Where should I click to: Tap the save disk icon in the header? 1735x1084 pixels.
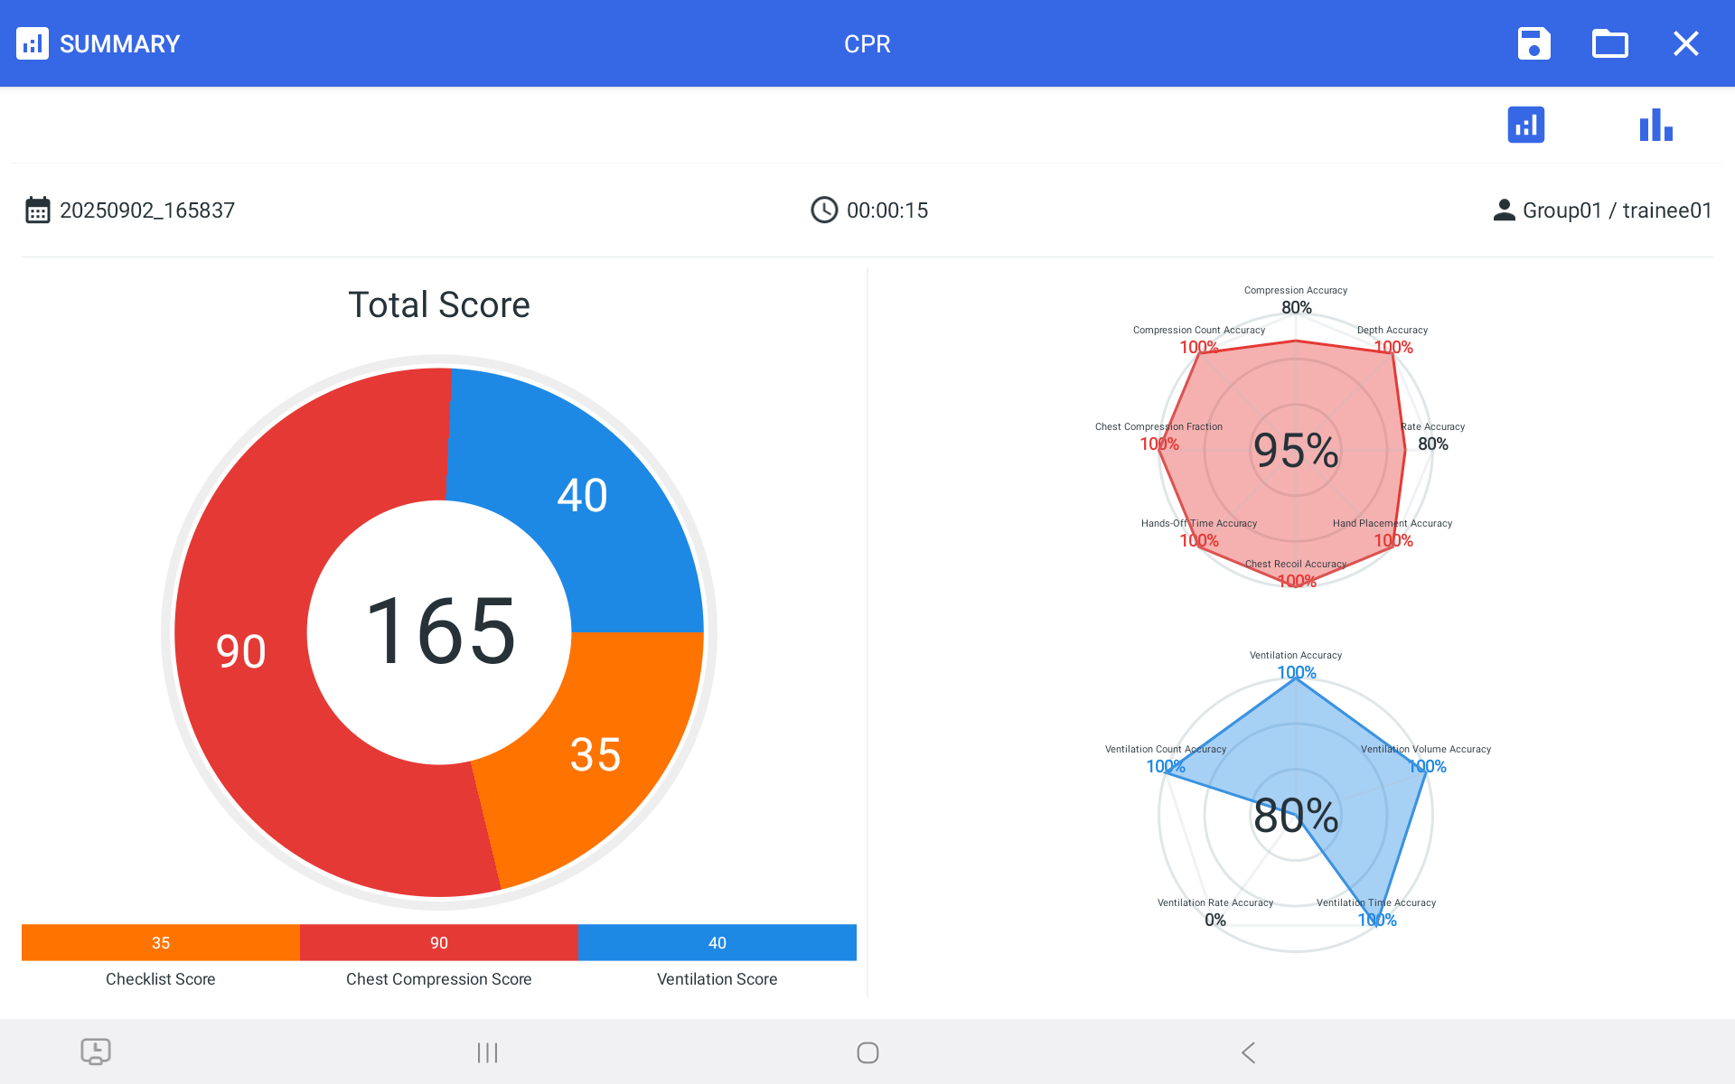[x=1533, y=43]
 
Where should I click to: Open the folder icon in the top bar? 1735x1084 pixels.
[x=1609, y=43]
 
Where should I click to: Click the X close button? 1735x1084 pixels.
[x=1685, y=43]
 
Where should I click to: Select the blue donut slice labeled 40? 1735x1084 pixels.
[x=582, y=495]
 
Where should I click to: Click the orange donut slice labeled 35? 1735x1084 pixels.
[x=596, y=754]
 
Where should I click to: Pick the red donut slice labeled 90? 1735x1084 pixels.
[x=241, y=650]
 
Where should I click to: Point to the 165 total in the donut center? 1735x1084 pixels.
[x=440, y=631]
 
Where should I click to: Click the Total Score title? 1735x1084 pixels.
[x=439, y=305]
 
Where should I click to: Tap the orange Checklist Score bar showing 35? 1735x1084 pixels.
[x=161, y=942]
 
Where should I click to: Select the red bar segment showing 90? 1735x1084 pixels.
[x=439, y=942]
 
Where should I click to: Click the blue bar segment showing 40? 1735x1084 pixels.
[x=717, y=942]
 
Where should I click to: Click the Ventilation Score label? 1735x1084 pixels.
[x=717, y=979]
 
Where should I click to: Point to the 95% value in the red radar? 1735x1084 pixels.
[x=1296, y=450]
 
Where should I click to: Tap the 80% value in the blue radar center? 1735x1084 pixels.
[x=1296, y=815]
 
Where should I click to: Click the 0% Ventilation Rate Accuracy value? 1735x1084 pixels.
[x=1215, y=920]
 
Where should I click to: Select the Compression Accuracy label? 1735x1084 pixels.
[x=1295, y=291]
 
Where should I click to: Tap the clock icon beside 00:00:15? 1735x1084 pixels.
[x=823, y=210]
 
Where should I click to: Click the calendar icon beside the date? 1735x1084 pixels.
[x=37, y=210]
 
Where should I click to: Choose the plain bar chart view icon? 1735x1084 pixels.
[x=1655, y=125]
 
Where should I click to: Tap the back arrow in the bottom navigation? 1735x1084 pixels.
[x=1248, y=1052]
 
